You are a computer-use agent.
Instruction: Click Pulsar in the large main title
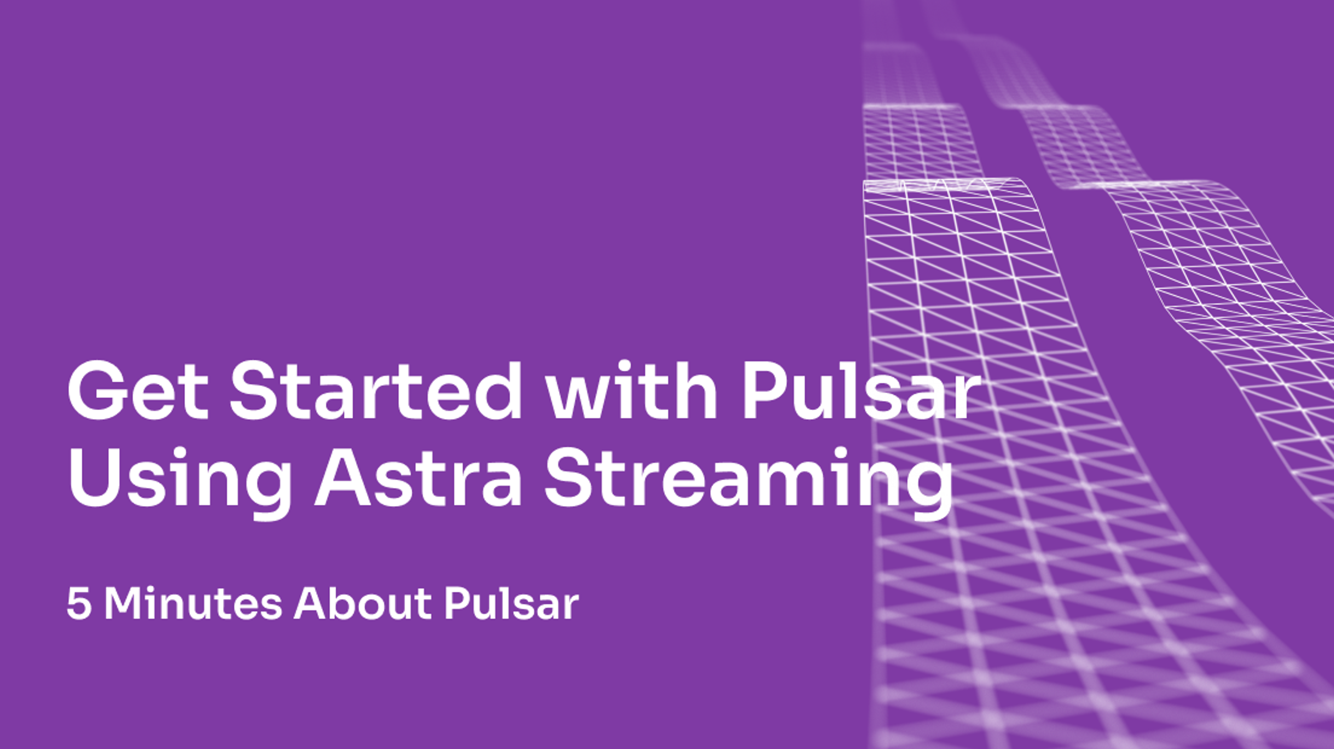pyautogui.click(x=861, y=390)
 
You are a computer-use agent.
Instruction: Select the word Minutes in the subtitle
pyautogui.click(x=193, y=603)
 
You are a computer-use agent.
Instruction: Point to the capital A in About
pyautogui.click(x=309, y=604)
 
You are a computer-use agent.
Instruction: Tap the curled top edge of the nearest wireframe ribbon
pyautogui.click(x=942, y=185)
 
